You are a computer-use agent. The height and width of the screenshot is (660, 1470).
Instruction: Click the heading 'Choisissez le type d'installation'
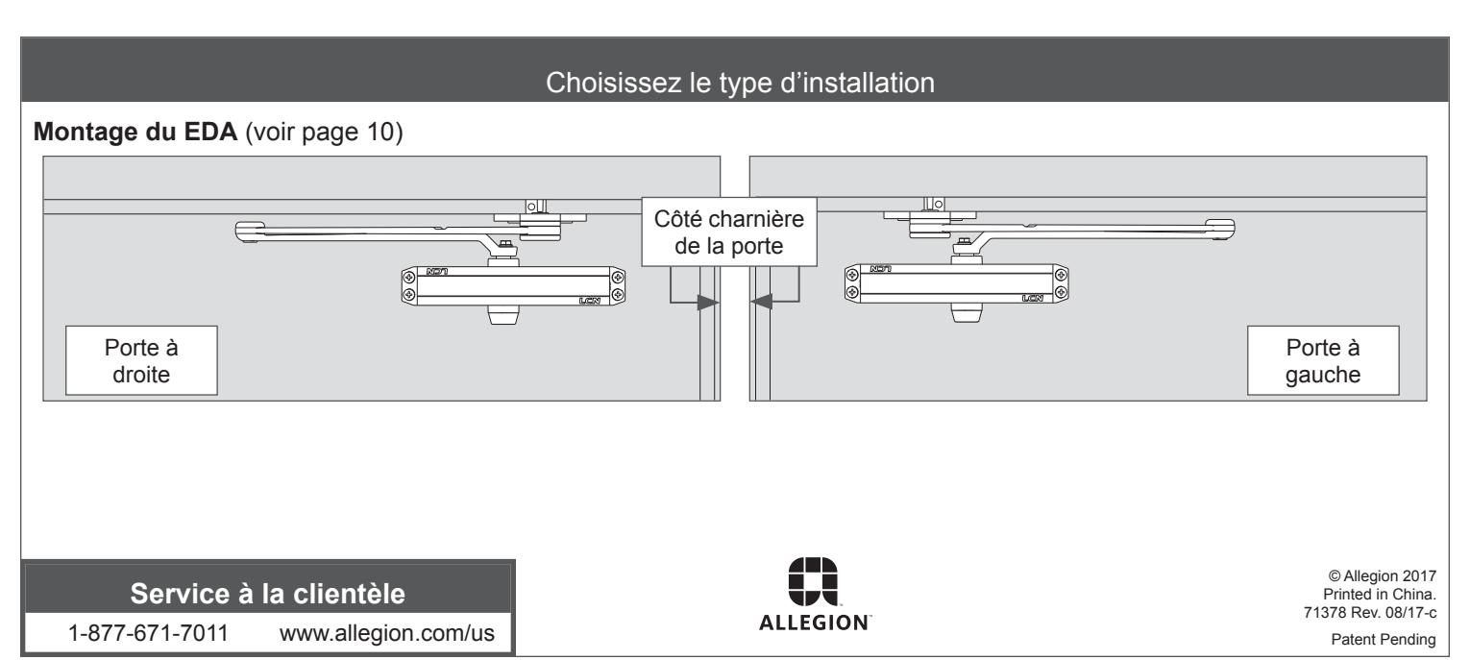[740, 84]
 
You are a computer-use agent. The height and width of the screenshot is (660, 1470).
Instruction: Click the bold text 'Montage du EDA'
[135, 132]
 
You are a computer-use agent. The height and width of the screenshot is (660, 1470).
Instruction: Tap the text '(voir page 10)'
[324, 133]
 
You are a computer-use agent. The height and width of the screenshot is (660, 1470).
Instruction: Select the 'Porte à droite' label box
[141, 360]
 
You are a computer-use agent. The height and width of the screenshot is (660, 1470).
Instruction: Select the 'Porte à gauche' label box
[1323, 360]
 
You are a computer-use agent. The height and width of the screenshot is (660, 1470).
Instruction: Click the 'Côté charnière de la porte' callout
[729, 232]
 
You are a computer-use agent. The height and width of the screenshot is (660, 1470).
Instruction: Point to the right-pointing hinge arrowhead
[708, 303]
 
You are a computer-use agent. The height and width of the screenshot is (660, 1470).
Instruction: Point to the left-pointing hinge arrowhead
[761, 302]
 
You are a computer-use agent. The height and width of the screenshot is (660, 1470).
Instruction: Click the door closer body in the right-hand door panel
[957, 283]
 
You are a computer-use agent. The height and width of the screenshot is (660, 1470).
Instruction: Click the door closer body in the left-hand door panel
[513, 286]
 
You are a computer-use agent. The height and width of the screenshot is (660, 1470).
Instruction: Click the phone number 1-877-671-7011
[148, 633]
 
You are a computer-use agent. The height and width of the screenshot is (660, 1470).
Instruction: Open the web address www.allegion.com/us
[387, 633]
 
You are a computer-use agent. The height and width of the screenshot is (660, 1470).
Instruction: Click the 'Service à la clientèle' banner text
[268, 594]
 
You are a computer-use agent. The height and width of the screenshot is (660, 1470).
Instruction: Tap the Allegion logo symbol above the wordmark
[813, 582]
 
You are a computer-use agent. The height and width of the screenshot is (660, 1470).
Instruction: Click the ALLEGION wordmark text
[815, 623]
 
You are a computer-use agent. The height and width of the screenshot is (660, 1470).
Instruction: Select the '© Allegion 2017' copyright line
[1382, 576]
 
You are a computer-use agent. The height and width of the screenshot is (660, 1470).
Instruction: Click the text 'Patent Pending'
[1384, 640]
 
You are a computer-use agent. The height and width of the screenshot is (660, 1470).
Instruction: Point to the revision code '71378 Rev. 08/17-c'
[1370, 613]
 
